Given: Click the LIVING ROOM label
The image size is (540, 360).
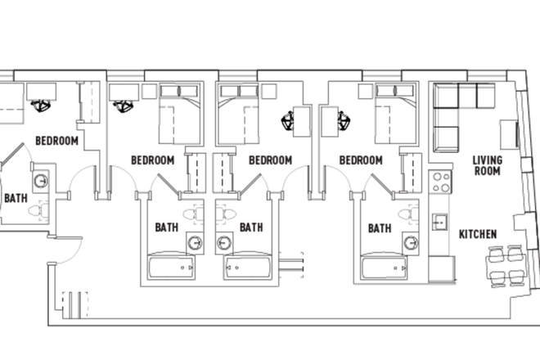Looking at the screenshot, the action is tap(487, 166).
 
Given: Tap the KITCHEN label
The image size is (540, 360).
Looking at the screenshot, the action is tap(478, 235).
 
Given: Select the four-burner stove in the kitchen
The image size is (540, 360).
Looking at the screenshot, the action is tap(441, 182).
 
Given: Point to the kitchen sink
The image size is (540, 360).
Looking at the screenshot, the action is tap(440, 223).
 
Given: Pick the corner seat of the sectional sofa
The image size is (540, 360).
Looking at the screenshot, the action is tap(446, 96).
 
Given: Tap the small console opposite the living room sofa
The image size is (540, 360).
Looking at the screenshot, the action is tap(509, 134).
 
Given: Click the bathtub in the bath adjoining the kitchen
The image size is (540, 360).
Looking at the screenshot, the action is tap(385, 268).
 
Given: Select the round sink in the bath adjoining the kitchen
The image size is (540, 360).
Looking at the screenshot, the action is tap(411, 243).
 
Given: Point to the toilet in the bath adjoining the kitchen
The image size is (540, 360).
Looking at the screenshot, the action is tap(409, 214).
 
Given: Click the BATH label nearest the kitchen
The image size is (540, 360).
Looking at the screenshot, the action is tap(380, 228).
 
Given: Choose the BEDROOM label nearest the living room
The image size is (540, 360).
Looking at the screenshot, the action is tap(361, 160).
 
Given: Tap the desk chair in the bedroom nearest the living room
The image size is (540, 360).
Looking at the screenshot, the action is tap(344, 121).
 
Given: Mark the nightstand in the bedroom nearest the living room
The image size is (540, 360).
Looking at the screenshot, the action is tap(366, 92).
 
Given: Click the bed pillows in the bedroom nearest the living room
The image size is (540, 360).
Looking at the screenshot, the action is tap(395, 91).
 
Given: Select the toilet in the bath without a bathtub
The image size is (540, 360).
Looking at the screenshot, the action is tap(38, 210).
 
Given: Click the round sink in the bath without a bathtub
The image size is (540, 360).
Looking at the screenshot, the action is tap(41, 181).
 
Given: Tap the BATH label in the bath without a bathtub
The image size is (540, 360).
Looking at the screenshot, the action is tap(16, 198).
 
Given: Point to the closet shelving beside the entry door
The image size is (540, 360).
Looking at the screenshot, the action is tap(75, 305).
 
